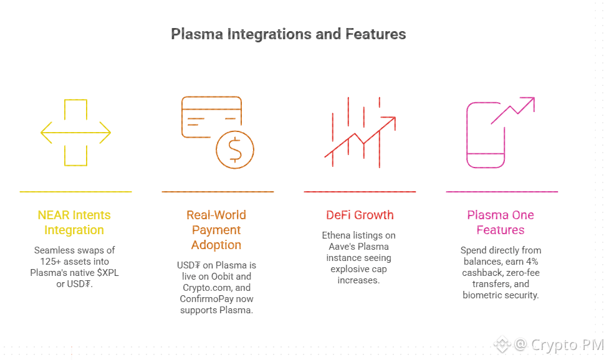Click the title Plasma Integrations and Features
tap(289, 34)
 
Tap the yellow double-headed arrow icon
tap(76, 133)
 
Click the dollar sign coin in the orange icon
tap(235, 149)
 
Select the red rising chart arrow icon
tap(360, 133)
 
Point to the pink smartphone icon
tap(486, 135)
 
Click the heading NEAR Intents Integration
tap(74, 222)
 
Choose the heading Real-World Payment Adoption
tap(216, 230)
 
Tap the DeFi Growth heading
tap(360, 215)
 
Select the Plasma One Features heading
tap(501, 222)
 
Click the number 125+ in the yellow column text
tap(48, 262)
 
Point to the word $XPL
tap(108, 273)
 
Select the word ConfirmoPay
tap(201, 299)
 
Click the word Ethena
tap(335, 235)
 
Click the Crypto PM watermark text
tap(567, 344)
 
